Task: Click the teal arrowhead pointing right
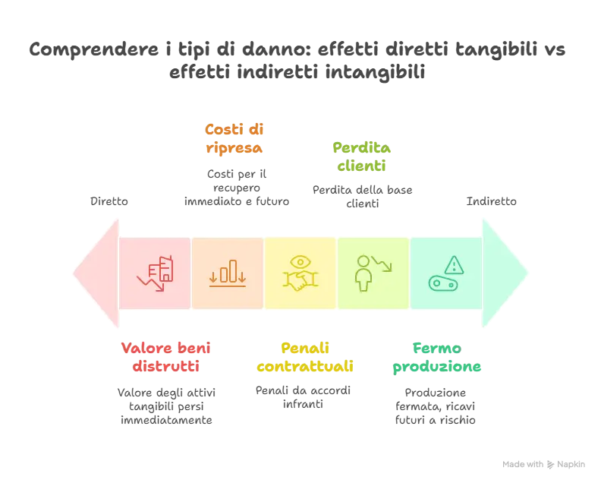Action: pos(506,272)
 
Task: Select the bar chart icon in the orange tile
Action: pos(228,272)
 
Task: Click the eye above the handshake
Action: pos(300,263)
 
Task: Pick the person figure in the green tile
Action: pos(363,273)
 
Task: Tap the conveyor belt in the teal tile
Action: pos(445,283)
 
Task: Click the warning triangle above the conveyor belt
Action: pos(454,264)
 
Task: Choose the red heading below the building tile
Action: pos(166,357)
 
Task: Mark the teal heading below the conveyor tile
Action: pos(436,357)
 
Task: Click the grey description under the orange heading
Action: pos(236,186)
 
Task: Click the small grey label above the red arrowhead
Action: pos(112,202)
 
